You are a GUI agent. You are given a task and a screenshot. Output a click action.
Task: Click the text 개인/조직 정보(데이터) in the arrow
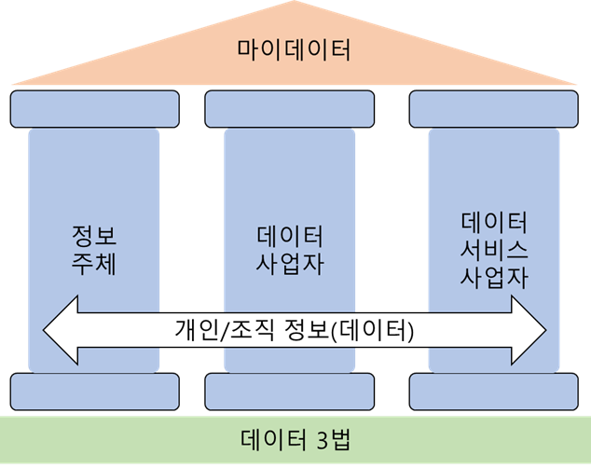click(x=295, y=329)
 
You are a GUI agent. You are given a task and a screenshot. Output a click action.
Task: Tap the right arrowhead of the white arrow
click(x=531, y=329)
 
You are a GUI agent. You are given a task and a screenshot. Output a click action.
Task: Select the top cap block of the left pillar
click(x=94, y=108)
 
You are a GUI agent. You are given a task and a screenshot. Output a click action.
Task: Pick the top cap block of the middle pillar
click(x=290, y=108)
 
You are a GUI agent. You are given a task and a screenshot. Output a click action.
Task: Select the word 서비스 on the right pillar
click(x=494, y=250)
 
